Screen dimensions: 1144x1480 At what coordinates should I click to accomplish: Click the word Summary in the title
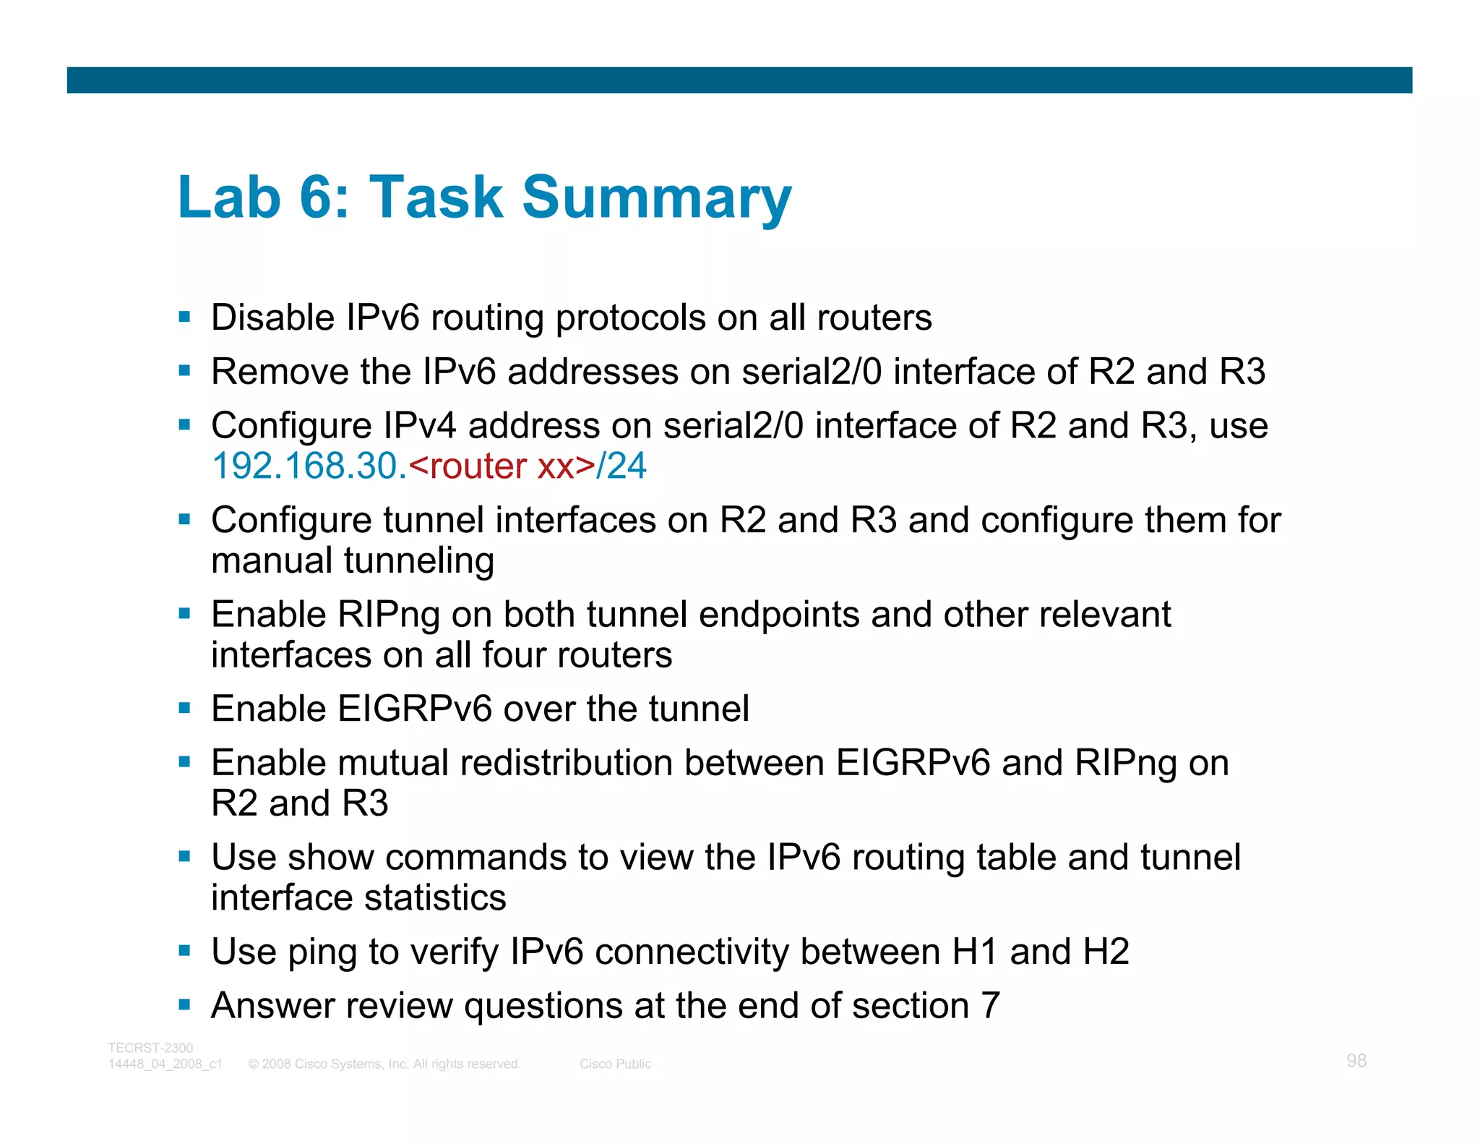(656, 197)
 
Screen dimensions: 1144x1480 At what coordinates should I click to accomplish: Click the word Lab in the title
(228, 197)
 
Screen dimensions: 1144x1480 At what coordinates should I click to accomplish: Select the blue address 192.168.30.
(309, 466)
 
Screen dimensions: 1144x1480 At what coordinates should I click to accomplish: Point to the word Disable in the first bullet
(272, 318)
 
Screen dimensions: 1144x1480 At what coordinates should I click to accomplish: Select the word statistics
(435, 898)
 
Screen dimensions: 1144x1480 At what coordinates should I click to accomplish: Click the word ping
(322, 953)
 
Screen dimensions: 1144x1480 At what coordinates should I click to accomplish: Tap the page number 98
(1356, 1061)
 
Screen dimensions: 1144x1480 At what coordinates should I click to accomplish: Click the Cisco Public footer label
(615, 1064)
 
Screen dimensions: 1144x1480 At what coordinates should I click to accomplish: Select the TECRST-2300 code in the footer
(150, 1048)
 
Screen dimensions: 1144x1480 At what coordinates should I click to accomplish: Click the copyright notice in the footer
(384, 1064)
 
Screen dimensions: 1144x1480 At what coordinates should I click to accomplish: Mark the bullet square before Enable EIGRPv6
(185, 709)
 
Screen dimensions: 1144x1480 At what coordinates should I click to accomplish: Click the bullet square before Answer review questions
(185, 1005)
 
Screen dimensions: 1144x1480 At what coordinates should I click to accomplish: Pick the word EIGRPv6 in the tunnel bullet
(414, 709)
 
